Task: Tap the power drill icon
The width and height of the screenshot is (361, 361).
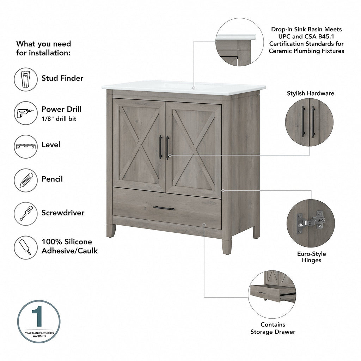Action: tap(26, 113)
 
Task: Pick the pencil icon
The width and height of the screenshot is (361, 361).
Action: tap(26, 180)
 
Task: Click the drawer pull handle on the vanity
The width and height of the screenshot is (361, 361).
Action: tap(164, 208)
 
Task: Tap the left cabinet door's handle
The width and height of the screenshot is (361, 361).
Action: tap(161, 147)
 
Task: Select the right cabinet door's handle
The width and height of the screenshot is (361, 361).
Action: tap(168, 147)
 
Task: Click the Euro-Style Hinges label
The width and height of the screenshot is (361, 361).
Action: tap(311, 257)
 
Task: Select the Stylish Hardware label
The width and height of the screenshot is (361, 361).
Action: tap(310, 93)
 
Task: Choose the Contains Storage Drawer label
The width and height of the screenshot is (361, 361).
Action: tap(273, 328)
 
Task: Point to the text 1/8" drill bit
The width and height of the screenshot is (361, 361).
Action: tap(59, 119)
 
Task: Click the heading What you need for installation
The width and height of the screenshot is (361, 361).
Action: tap(43, 48)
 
